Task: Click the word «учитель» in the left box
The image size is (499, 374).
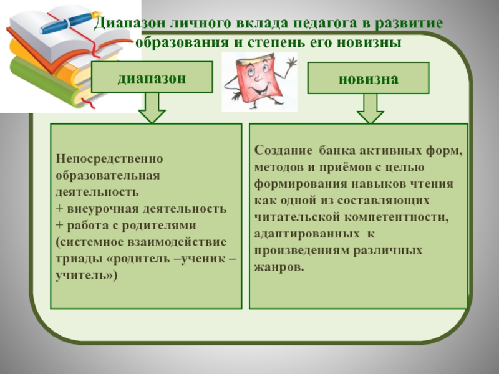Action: point(85,273)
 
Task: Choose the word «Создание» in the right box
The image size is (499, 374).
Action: point(284,151)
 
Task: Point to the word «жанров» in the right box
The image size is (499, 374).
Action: point(278,266)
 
